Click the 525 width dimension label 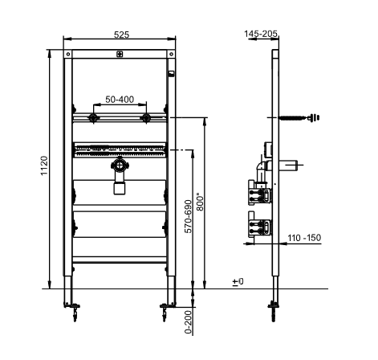tap(121, 35)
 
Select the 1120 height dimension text tap(44, 166)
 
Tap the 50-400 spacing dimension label tap(120, 100)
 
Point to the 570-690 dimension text tap(189, 216)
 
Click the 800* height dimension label tap(200, 202)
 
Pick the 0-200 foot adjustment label tap(189, 322)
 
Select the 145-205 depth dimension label tap(261, 34)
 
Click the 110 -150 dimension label tap(304, 238)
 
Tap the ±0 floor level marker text tap(238, 281)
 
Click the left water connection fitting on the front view tap(93, 117)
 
